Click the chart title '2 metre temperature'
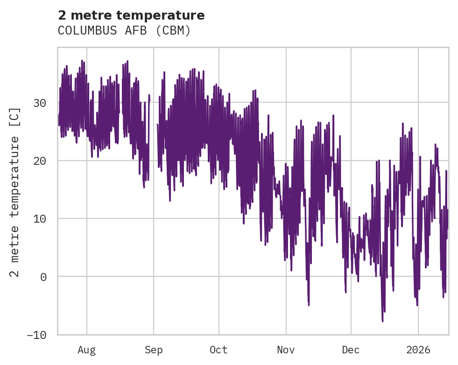(131, 15)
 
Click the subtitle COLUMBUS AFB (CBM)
(124, 31)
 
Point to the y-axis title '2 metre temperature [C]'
(15, 192)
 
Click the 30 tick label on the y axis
(41, 103)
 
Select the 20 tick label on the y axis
(41, 161)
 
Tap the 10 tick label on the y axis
(41, 218)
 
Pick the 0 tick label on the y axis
(44, 277)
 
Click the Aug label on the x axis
(86, 350)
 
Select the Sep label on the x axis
(153, 350)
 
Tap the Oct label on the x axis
(218, 350)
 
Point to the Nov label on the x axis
(286, 350)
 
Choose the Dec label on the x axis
(351, 350)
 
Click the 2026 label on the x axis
(418, 350)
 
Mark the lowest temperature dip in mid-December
(382, 321)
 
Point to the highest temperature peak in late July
(82, 61)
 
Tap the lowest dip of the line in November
(309, 305)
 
